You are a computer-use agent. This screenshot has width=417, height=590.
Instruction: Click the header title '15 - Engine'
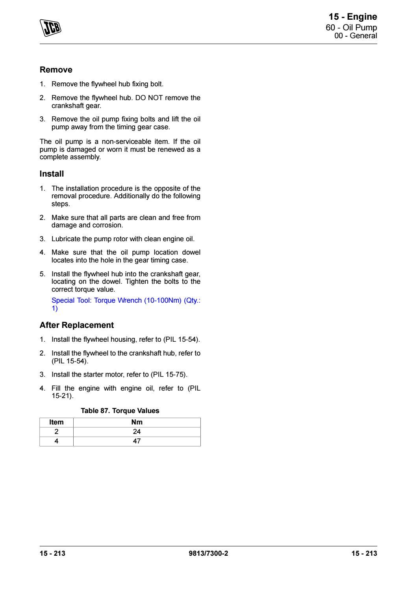click(x=353, y=17)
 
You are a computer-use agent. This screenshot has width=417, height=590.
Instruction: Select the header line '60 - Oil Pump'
click(x=354, y=28)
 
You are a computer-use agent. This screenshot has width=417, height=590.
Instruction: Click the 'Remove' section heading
click(x=56, y=70)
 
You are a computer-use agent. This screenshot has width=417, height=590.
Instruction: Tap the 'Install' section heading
click(x=52, y=174)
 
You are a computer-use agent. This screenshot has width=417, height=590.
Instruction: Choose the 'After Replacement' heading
click(x=76, y=326)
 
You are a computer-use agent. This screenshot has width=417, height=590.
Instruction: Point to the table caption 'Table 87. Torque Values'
click(x=120, y=411)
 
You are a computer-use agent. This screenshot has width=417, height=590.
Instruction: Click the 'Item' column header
click(x=56, y=422)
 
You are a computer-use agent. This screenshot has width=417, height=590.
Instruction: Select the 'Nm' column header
click(x=137, y=422)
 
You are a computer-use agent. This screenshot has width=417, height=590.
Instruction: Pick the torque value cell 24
click(x=137, y=432)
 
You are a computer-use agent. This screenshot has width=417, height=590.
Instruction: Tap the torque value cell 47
click(x=137, y=441)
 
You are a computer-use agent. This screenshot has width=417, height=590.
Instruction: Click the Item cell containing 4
click(x=56, y=441)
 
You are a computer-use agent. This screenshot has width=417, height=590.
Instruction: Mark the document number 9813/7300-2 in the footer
click(x=208, y=553)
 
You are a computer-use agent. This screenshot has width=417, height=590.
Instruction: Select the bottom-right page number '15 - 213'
click(x=364, y=553)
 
